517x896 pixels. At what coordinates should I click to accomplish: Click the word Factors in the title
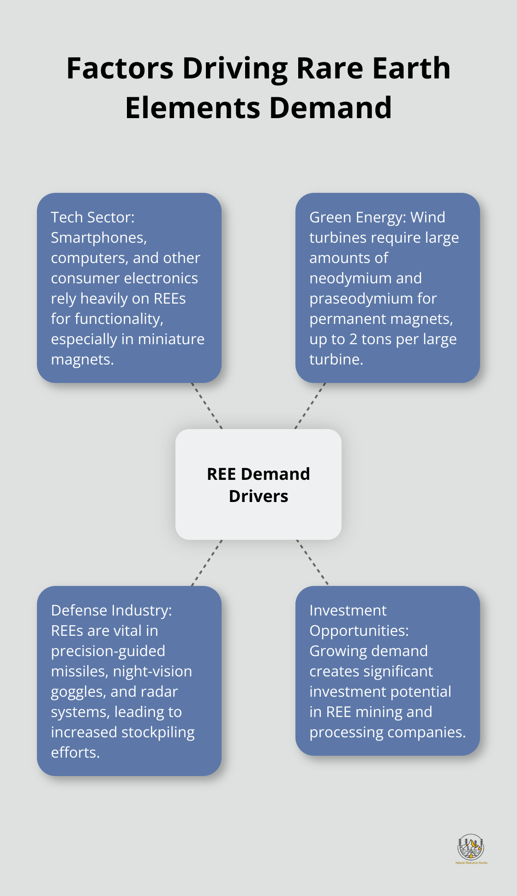[x=120, y=68]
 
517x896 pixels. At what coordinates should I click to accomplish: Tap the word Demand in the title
[x=331, y=108]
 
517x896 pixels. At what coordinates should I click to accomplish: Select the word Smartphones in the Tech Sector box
[x=98, y=238]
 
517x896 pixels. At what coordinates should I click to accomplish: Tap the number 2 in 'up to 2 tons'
[x=353, y=339]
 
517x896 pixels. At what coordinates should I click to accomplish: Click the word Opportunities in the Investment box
[x=359, y=631]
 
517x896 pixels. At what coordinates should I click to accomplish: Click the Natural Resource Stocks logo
[x=471, y=848]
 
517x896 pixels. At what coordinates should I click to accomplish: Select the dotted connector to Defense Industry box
[x=207, y=563]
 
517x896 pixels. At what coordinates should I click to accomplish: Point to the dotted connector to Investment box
[x=312, y=563]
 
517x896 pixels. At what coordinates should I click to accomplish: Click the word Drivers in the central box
[x=258, y=496]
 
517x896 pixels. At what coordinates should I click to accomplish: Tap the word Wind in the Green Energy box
[x=428, y=217]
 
